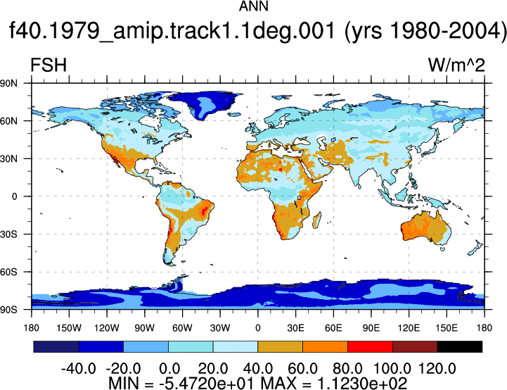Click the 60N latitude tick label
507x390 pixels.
pos(8,121)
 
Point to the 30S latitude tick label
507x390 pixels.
pos(8,234)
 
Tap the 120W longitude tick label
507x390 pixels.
pos(107,328)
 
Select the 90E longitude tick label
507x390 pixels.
pos(371,328)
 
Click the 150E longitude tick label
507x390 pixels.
pos(447,328)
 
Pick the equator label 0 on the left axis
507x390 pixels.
pos(14,196)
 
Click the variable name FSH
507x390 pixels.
pos(49,65)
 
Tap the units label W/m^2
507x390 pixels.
pos(456,65)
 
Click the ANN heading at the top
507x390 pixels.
pos(253,6)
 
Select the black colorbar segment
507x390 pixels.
pos(459,346)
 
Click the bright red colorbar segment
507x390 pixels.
pos(370,346)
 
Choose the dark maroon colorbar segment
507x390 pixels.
pos(415,346)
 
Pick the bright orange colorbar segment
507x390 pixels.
pos(325,346)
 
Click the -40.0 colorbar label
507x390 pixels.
pos(79,368)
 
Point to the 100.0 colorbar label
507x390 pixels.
pos(392,368)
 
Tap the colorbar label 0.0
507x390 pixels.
pos(169,368)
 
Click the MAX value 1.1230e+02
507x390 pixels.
pos(362,383)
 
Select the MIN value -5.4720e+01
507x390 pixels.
pos(206,383)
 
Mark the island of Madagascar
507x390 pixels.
pos(317,220)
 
